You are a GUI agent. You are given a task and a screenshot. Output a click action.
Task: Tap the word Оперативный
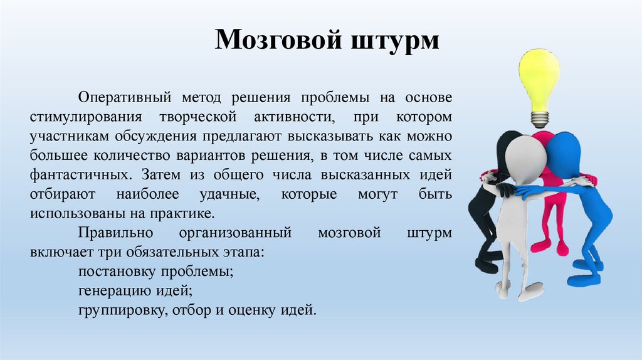click(125, 98)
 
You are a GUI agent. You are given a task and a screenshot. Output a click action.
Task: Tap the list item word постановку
click(117, 272)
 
